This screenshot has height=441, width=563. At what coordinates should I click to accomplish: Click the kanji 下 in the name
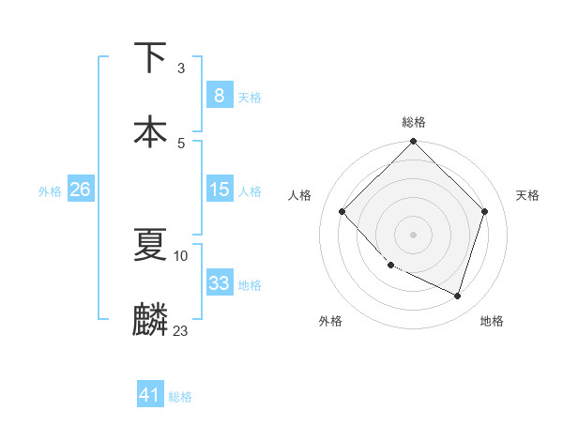click(x=150, y=58)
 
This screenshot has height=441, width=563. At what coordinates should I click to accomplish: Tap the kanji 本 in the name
click(x=150, y=130)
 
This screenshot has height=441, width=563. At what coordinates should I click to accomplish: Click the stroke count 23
click(x=181, y=330)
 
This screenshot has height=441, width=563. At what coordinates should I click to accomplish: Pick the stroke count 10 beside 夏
click(x=181, y=255)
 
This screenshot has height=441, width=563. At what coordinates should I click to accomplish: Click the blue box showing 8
click(x=219, y=95)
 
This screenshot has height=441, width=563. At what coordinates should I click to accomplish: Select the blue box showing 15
click(x=219, y=190)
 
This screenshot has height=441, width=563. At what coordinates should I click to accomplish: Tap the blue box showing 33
click(x=219, y=283)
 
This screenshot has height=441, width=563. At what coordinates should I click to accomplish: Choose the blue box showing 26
click(x=80, y=190)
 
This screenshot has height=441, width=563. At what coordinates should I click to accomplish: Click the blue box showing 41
click(x=150, y=395)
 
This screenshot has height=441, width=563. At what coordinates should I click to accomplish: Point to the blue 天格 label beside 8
click(x=250, y=97)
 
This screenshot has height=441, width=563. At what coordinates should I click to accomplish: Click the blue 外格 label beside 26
click(x=50, y=190)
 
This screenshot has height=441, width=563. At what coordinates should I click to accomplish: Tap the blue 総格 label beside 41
click(x=181, y=397)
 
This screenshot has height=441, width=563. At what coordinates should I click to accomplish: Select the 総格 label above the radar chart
click(x=414, y=122)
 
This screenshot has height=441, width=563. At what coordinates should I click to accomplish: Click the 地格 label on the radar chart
click(x=492, y=321)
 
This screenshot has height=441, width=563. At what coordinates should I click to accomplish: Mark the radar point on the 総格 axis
click(x=413, y=143)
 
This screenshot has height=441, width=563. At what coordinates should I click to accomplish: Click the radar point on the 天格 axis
click(x=485, y=211)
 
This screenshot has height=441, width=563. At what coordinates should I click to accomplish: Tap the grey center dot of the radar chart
click(x=413, y=234)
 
